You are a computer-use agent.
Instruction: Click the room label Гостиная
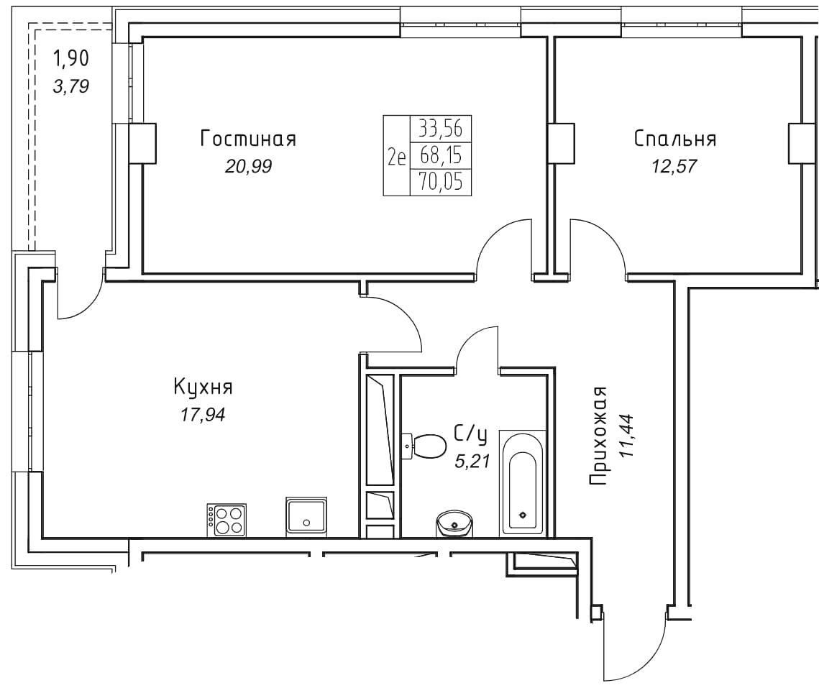coord(248,139)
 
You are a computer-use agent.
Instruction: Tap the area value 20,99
coord(248,167)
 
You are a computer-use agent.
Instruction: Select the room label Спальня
coord(675,139)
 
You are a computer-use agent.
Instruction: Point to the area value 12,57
coord(674,167)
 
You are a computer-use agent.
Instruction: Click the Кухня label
coord(203,388)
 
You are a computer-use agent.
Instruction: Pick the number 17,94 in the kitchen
coord(203,416)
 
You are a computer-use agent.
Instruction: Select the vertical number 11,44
coord(626,436)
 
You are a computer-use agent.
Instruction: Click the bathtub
coord(523,483)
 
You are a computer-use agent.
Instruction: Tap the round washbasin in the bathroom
coord(454,523)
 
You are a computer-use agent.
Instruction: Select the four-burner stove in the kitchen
coord(227,520)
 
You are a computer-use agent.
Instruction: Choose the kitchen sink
coord(306,517)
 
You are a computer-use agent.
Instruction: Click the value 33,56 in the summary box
coord(441,129)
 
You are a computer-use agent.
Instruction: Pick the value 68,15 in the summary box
coord(441,156)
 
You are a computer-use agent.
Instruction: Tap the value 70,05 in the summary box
coord(441,183)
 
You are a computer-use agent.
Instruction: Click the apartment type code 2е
coord(396,156)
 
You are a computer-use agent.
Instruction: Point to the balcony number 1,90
coord(72,58)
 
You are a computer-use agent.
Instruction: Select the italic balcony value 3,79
coord(71,86)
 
